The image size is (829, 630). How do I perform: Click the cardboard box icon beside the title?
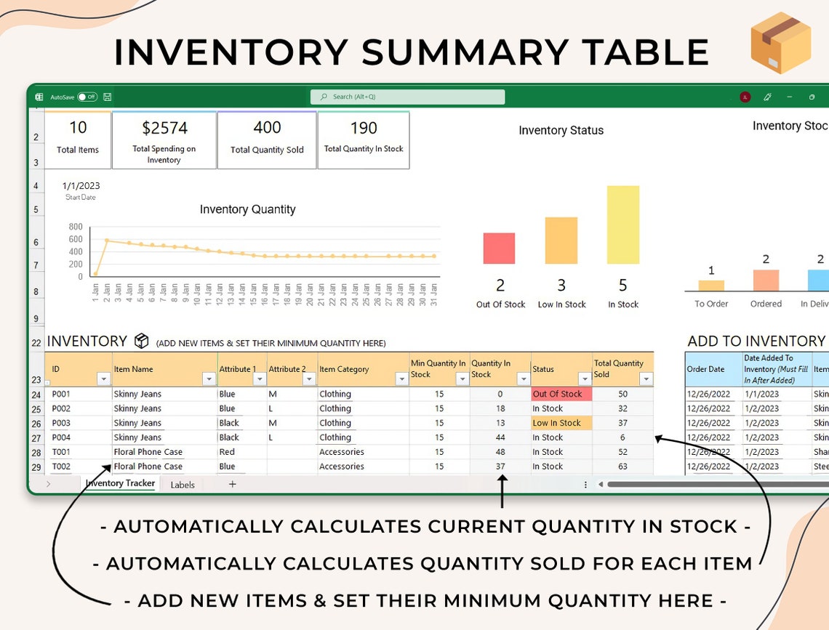click(x=780, y=43)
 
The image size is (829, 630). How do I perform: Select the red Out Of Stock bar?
click(x=499, y=248)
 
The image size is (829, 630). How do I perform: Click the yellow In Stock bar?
click(x=623, y=225)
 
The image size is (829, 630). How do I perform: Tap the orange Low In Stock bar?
click(x=561, y=241)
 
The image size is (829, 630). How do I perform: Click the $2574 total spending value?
click(x=164, y=128)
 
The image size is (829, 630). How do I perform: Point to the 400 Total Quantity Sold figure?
click(x=267, y=128)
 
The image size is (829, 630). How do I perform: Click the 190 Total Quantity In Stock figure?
click(x=364, y=128)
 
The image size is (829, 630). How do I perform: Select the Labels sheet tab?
click(x=183, y=485)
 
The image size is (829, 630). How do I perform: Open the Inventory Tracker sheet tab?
click(x=120, y=483)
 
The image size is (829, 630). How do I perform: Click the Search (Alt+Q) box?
click(x=407, y=97)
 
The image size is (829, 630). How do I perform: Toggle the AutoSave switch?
click(x=87, y=97)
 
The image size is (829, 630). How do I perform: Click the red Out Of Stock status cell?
click(x=561, y=394)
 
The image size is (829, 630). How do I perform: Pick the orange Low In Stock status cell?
click(x=561, y=423)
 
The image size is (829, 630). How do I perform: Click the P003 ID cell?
click(x=61, y=423)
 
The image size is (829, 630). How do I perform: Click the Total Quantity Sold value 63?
click(x=622, y=467)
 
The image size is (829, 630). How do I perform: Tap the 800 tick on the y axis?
click(x=76, y=227)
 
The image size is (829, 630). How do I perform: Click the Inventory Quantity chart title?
click(x=247, y=209)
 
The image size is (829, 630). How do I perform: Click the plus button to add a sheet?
click(x=233, y=484)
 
